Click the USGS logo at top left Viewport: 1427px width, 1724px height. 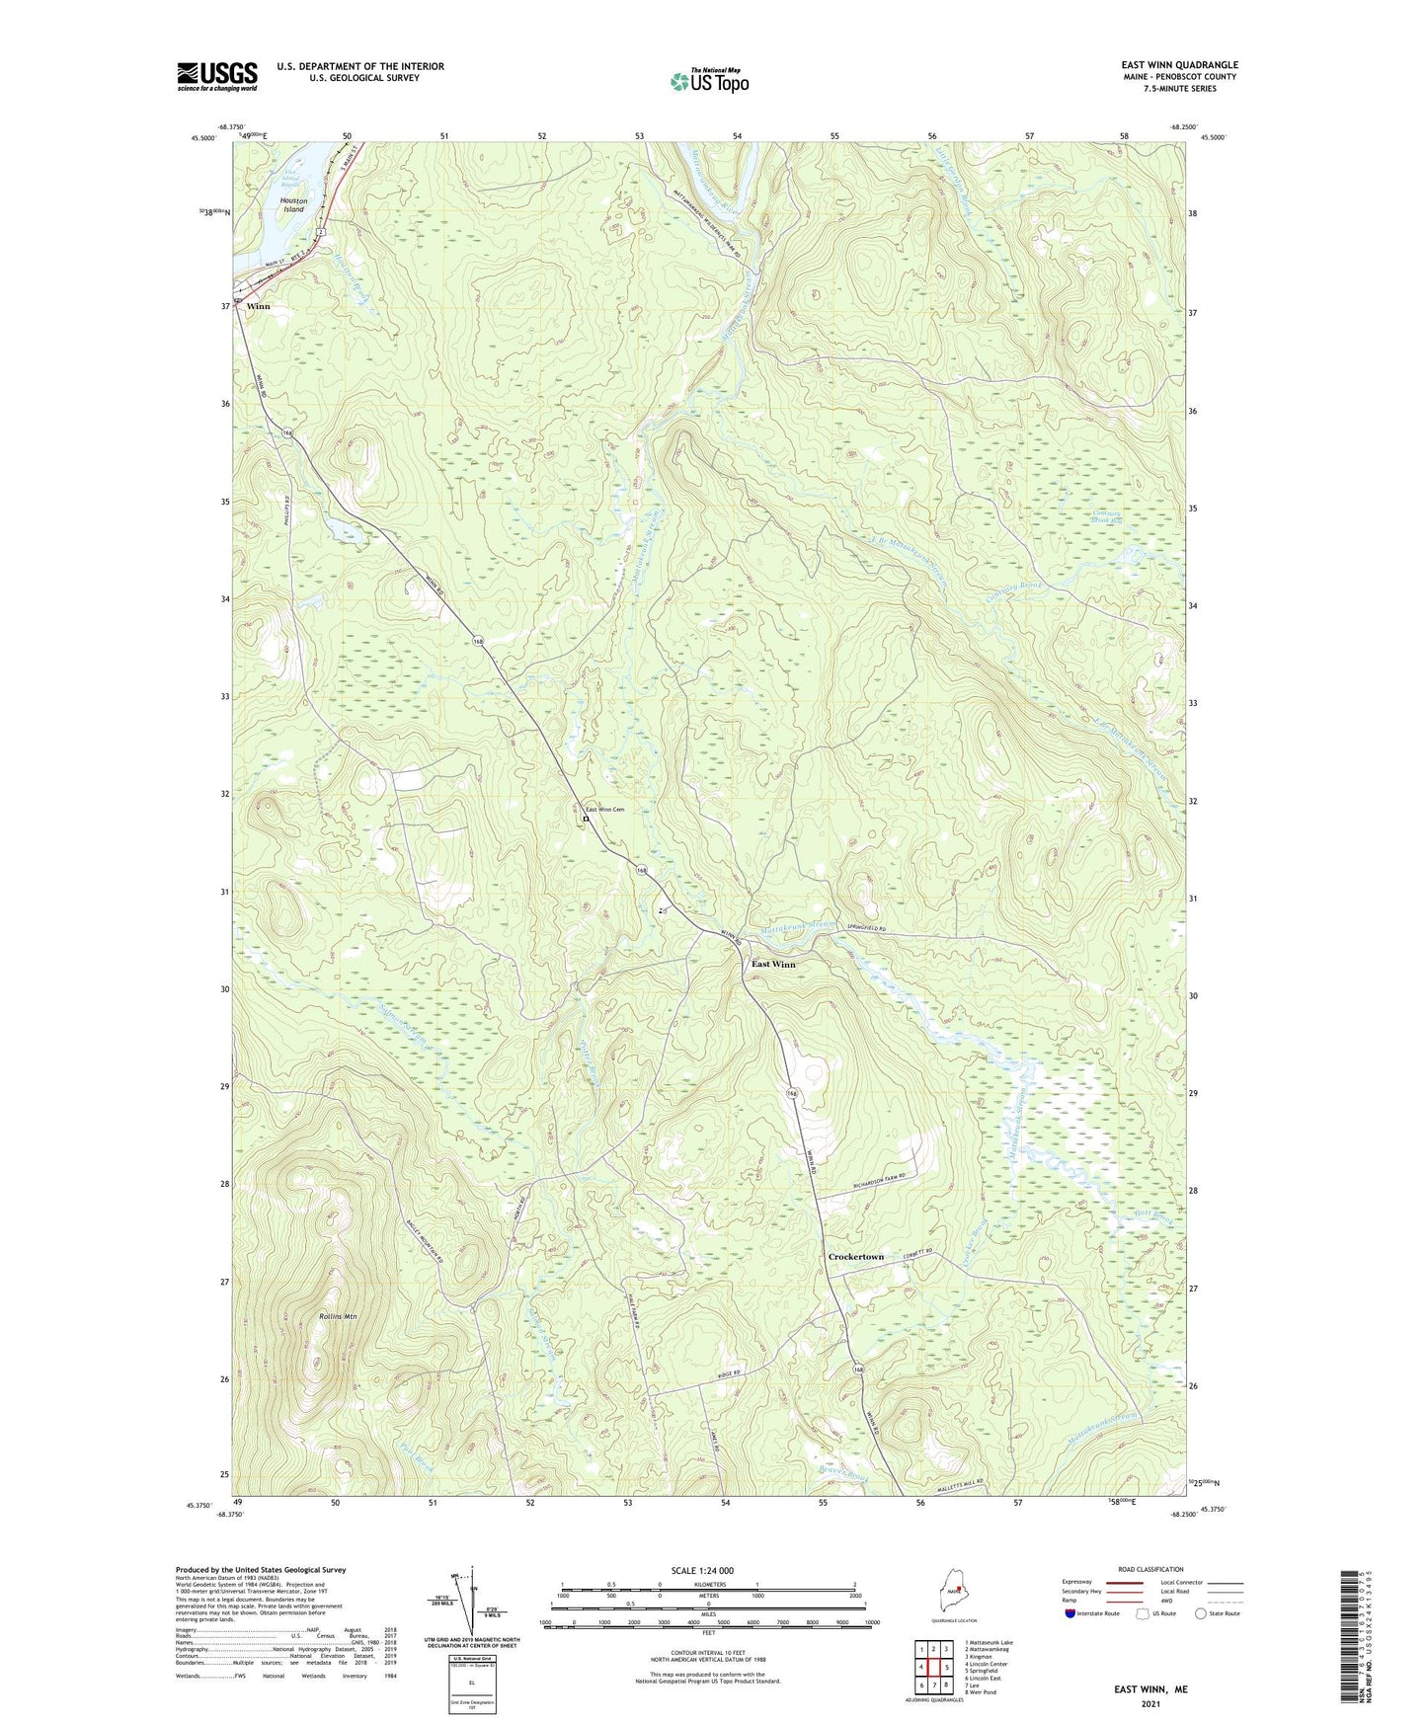tap(216, 76)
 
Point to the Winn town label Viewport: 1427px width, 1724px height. tap(258, 306)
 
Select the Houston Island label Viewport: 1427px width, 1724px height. tap(293, 205)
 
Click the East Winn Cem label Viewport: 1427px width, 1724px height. tap(605, 810)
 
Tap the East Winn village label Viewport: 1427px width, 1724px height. tap(773, 965)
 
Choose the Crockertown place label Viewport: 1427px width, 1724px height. tap(855, 1257)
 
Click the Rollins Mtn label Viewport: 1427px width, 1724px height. tap(338, 1317)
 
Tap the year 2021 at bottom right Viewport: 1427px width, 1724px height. tap(1150, 1704)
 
